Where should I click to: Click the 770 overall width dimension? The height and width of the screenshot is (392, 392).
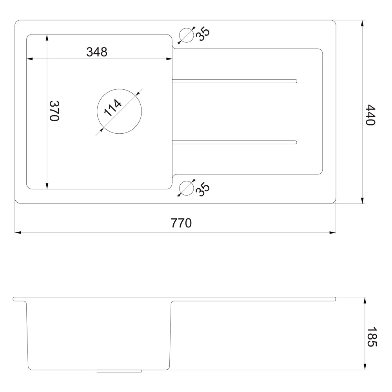pyautogui.click(x=181, y=223)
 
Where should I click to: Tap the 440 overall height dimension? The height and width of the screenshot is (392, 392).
pyautogui.click(x=370, y=115)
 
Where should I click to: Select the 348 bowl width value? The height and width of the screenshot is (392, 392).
pyautogui.click(x=97, y=52)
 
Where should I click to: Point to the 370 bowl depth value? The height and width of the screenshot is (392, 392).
pyautogui.click(x=54, y=111)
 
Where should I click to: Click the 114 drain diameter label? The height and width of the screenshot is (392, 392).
pyautogui.click(x=113, y=108)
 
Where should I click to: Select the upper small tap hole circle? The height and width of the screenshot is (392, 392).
pyautogui.click(x=187, y=35)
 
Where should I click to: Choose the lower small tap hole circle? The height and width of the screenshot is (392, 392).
pyautogui.click(x=187, y=188)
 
